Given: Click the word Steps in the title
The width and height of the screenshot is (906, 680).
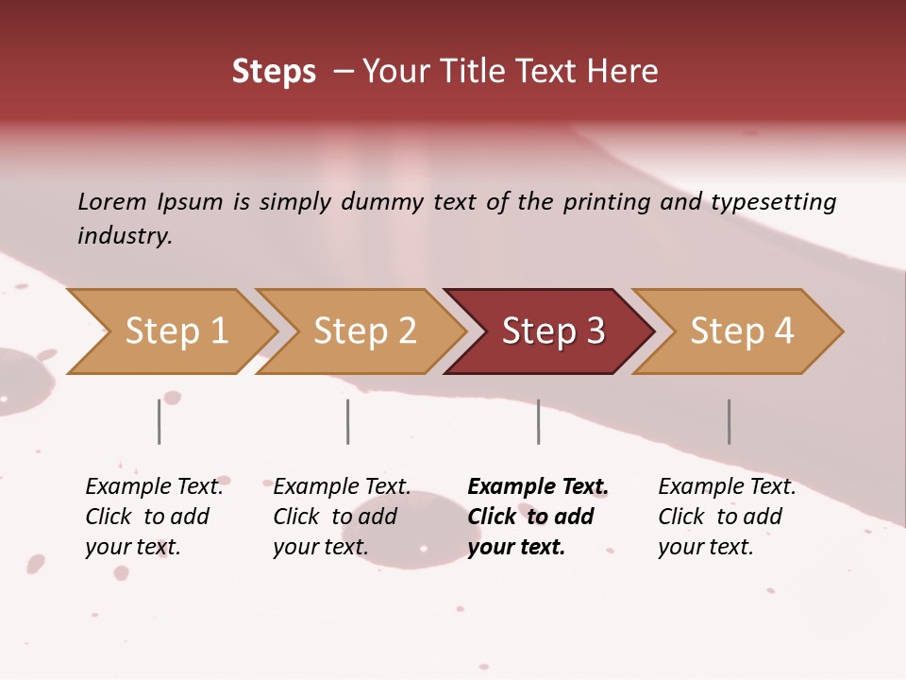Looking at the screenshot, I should [x=274, y=72].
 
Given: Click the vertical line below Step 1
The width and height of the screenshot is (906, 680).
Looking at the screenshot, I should [x=159, y=421].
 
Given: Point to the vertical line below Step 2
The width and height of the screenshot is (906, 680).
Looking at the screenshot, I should [x=348, y=421].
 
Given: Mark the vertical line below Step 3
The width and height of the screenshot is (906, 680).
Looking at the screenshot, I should [x=539, y=421].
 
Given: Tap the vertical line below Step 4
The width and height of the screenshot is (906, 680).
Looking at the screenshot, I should [x=730, y=421].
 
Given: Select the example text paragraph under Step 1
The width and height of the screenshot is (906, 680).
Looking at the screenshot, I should [x=154, y=517].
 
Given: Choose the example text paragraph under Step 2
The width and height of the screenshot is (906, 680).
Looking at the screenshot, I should [x=342, y=517].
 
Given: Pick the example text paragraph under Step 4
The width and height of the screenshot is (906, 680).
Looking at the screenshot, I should [x=727, y=517].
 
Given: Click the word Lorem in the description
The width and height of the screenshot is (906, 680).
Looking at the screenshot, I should [x=112, y=202].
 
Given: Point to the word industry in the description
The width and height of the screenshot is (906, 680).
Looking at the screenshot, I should [x=125, y=236].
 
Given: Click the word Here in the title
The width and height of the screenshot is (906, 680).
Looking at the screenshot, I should [x=626, y=72].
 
